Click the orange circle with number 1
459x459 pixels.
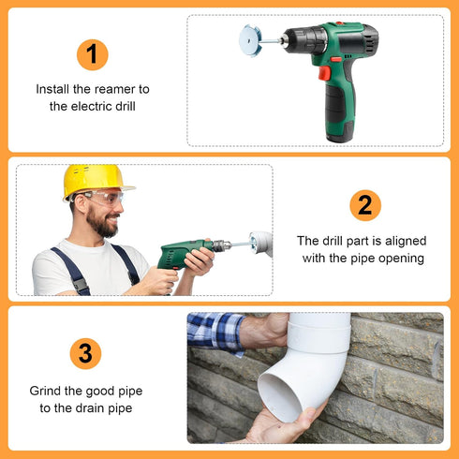coord(91,54)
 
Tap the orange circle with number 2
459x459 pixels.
coord(365,205)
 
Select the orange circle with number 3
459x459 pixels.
coord(85,353)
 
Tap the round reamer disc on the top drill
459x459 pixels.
coord(249,41)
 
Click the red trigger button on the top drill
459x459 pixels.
coord(324,72)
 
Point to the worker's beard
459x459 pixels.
coord(103,225)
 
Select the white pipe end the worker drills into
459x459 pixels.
coord(262,244)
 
